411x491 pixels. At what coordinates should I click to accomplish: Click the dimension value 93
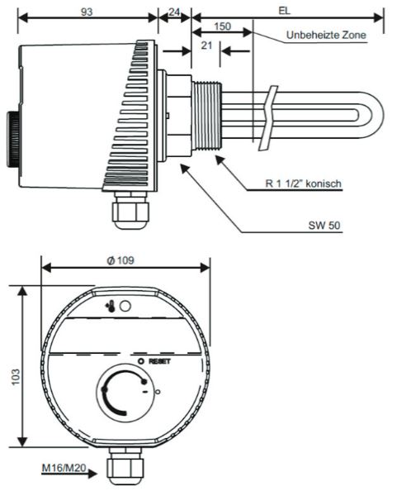(x=87, y=10)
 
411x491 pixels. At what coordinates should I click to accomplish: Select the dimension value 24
(x=173, y=10)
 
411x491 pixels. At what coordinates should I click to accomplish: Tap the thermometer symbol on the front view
(x=109, y=306)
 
